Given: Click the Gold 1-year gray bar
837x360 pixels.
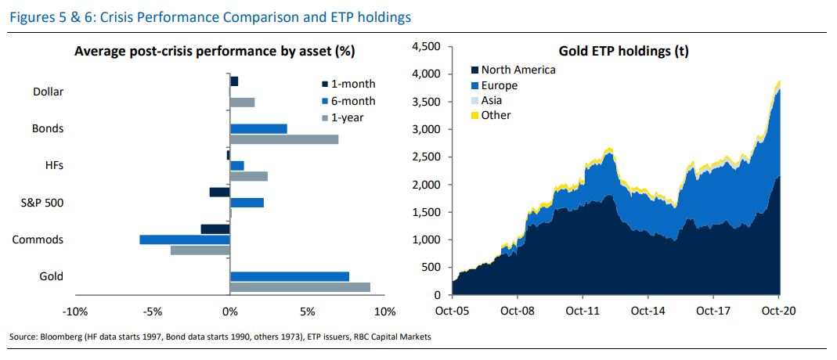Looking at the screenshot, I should (300, 287).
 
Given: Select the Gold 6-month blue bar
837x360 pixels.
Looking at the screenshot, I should (289, 276).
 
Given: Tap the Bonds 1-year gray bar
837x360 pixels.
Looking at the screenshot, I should (283, 139).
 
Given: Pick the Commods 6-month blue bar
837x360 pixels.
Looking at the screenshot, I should (184, 239).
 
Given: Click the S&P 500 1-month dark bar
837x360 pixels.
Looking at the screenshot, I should (219, 192).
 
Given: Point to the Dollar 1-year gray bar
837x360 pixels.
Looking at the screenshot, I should (242, 102).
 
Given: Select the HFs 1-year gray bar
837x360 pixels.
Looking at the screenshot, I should (248, 176).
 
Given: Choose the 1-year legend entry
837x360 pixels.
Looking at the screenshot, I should (348, 117).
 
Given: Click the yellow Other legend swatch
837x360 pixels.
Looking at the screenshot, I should (474, 116).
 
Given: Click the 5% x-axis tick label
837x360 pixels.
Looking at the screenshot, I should (307, 311).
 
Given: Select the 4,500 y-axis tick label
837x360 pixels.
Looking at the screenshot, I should (428, 47).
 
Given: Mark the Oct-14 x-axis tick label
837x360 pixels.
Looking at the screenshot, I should (648, 310).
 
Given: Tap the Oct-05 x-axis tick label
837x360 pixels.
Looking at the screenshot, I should (453, 310).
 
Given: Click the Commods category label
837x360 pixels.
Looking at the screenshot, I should (38, 239).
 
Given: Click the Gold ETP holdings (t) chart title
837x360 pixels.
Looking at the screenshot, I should (623, 52).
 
